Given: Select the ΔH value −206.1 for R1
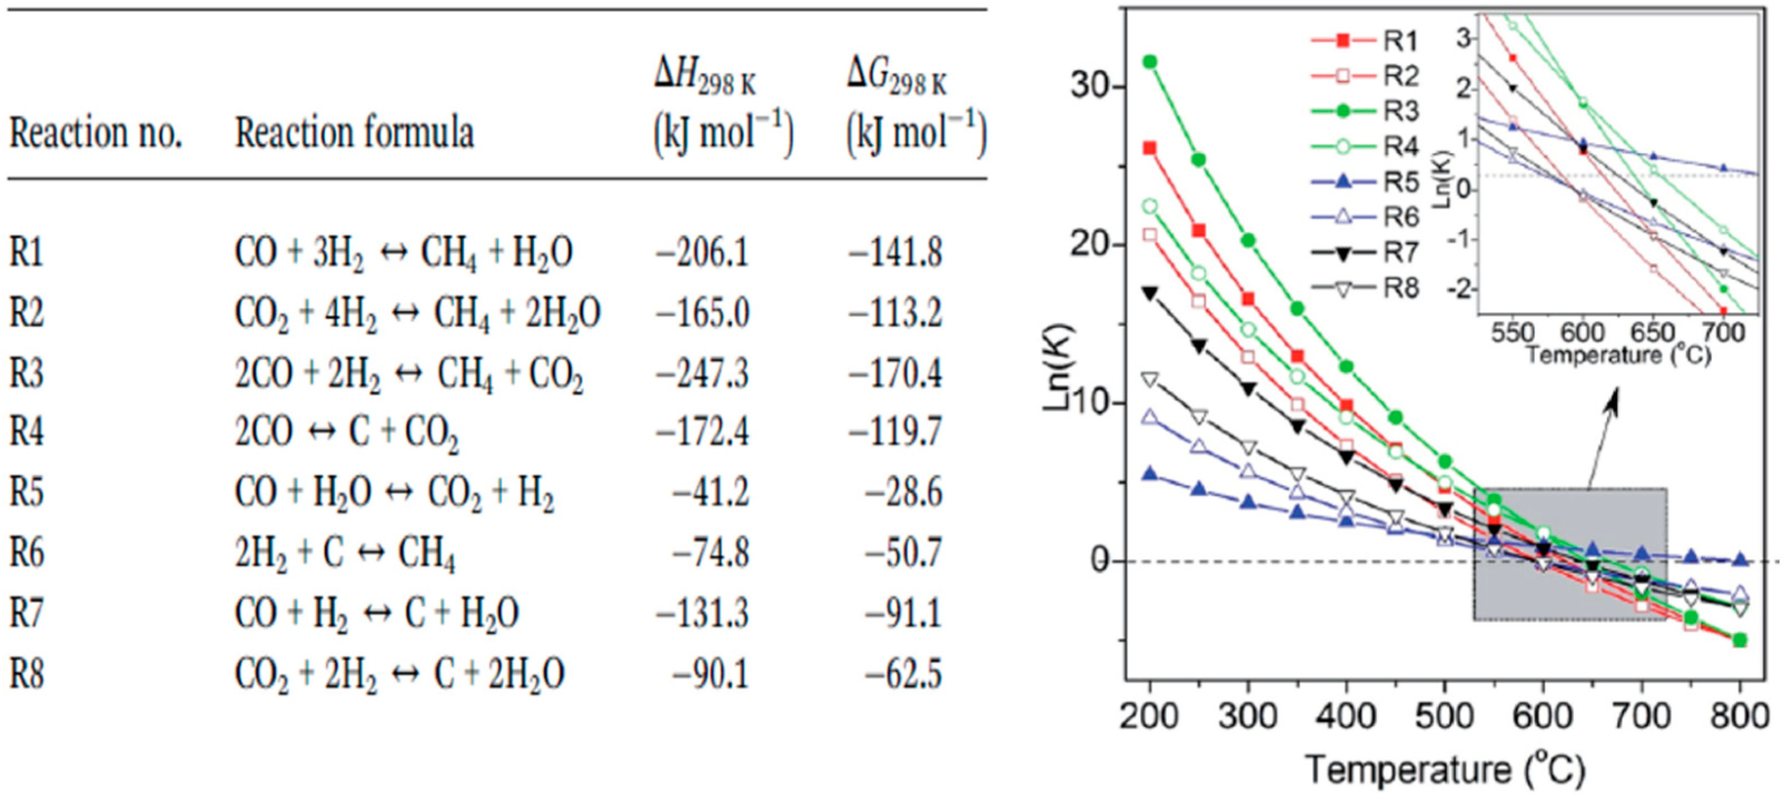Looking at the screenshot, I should coord(702,252).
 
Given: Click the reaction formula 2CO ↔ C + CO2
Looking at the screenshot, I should coord(346,432).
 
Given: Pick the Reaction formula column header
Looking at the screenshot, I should coord(354,132).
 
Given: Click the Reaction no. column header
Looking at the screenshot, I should coord(96,132).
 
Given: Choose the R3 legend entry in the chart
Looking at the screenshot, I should coord(1364,111).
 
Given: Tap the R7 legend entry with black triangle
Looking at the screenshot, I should coord(1364,253).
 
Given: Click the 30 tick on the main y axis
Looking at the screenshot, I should coord(1093,87).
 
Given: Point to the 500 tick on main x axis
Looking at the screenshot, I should coord(1444,715).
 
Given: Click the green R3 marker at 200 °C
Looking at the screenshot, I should coord(1150,62).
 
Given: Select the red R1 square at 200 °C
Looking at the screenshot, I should coord(1150,148).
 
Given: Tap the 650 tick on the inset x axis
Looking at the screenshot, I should coord(1652,333).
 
